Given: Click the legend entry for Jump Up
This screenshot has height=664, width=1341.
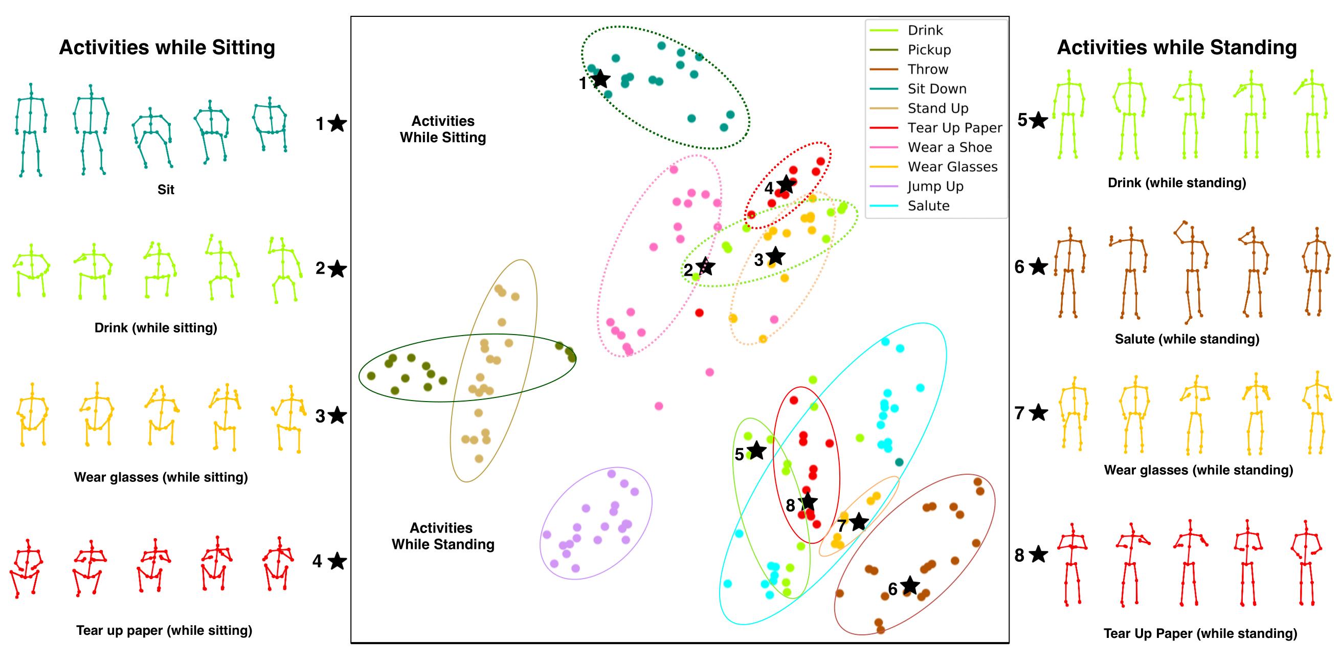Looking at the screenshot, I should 935,186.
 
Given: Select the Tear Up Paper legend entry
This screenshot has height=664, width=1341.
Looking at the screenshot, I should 954,128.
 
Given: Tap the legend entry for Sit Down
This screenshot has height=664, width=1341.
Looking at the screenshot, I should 936,89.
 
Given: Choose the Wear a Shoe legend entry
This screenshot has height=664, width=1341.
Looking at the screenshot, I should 949,147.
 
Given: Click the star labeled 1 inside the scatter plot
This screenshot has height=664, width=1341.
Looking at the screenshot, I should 601,79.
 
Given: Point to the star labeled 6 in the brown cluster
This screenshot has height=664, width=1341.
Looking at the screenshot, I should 909,585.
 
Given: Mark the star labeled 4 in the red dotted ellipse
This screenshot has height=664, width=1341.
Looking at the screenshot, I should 786,184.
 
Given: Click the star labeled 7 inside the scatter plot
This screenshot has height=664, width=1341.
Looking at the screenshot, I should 858,521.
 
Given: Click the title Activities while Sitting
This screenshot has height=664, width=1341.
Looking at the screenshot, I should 167,48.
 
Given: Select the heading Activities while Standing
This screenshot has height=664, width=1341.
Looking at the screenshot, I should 1176,48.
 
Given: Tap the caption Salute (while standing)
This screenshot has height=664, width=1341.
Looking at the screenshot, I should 1187,340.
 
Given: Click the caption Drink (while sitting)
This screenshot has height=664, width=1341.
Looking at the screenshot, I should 155,328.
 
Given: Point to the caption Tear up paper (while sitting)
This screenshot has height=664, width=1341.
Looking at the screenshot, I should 164,631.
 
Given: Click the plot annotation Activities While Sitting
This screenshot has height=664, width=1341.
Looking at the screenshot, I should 442,129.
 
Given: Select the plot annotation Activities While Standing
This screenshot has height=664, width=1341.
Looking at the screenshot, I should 442,536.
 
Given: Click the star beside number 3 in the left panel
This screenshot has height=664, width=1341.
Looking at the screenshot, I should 338,415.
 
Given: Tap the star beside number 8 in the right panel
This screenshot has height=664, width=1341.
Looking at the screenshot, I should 1038,555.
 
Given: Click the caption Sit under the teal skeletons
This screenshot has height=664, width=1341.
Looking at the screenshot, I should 166,190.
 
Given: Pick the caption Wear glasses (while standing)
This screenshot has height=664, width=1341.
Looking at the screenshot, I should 1198,470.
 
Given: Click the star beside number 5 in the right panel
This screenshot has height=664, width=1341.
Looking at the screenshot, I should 1038,120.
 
